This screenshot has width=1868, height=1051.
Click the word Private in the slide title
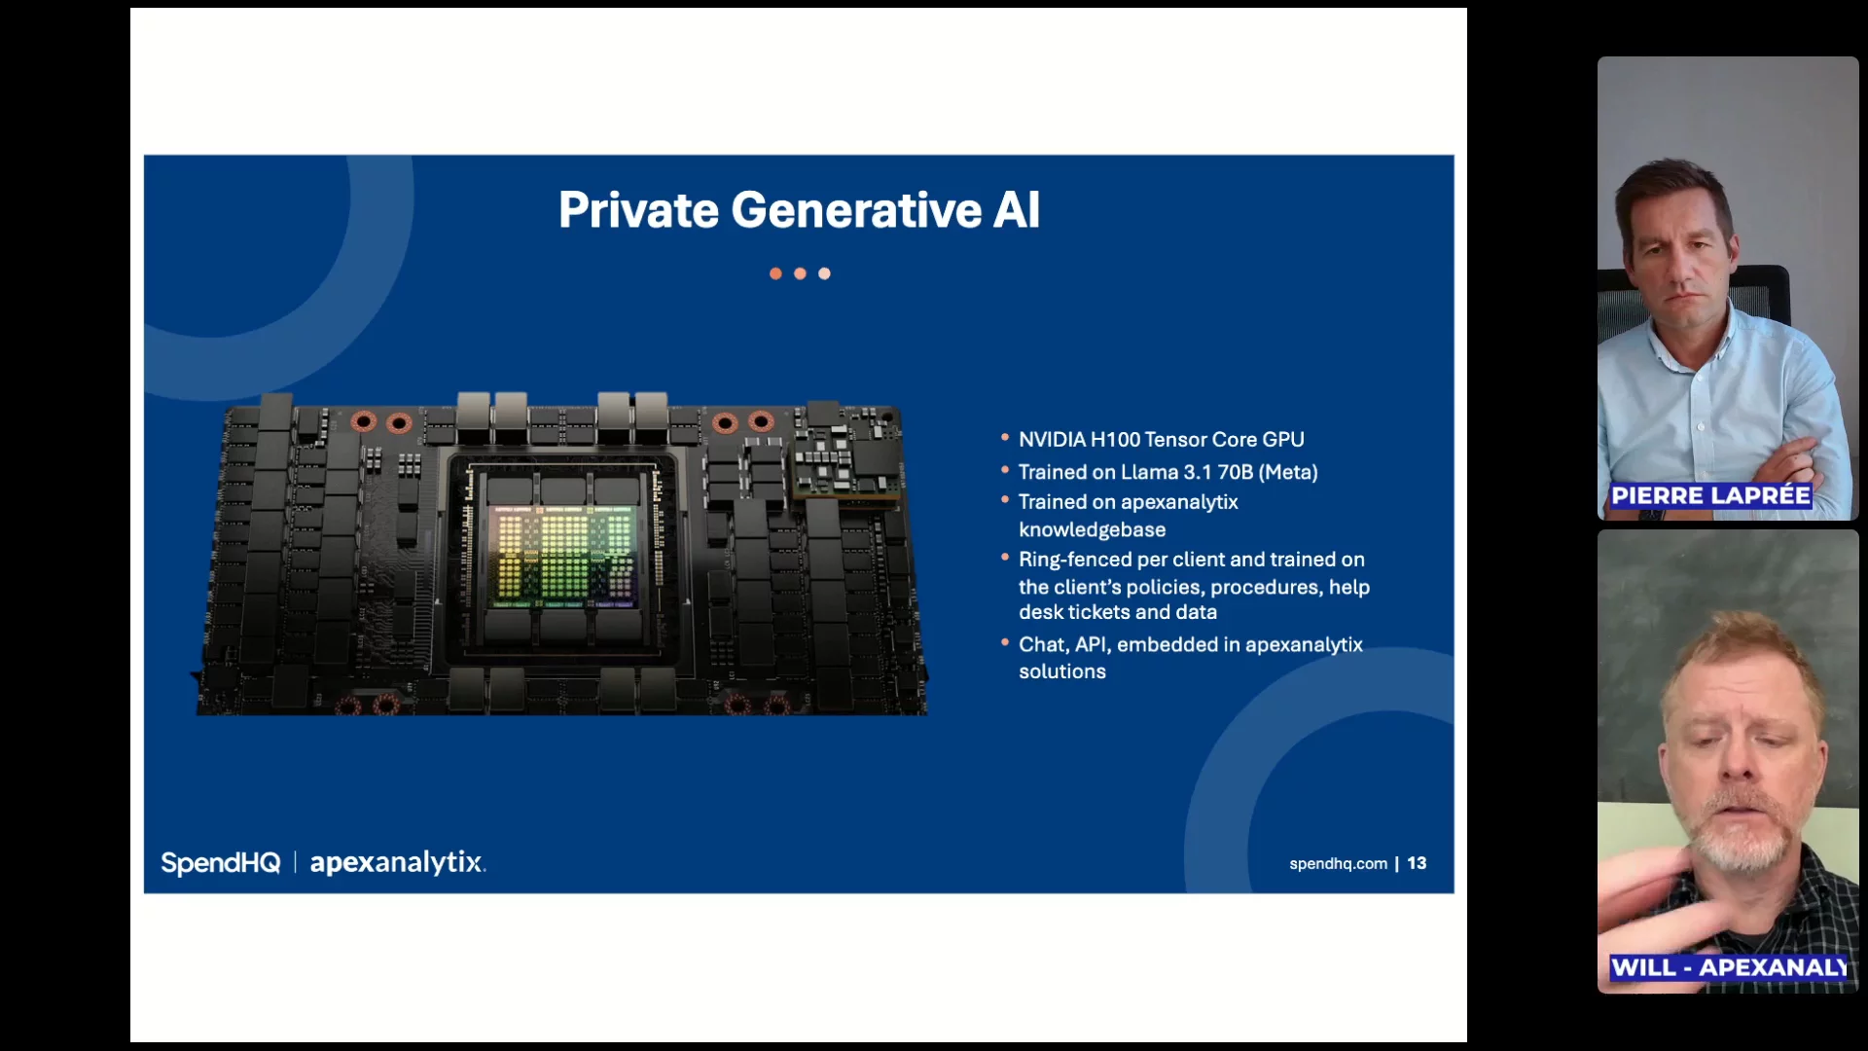click(638, 210)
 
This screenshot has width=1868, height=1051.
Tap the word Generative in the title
click(856, 210)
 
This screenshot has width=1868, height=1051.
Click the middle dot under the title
click(800, 273)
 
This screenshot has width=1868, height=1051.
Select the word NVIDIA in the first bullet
click(1052, 440)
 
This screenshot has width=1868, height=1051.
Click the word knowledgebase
click(1092, 530)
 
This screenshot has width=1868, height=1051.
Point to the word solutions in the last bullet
click(1062, 671)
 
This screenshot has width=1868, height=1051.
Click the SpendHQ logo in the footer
click(221, 863)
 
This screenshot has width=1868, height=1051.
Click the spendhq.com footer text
click(1338, 863)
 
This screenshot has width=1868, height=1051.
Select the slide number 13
click(1417, 863)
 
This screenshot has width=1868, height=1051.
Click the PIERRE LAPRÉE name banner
click(1710, 495)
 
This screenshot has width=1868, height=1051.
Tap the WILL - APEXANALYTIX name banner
click(1729, 967)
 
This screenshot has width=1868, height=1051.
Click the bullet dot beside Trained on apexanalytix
click(1005, 500)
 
